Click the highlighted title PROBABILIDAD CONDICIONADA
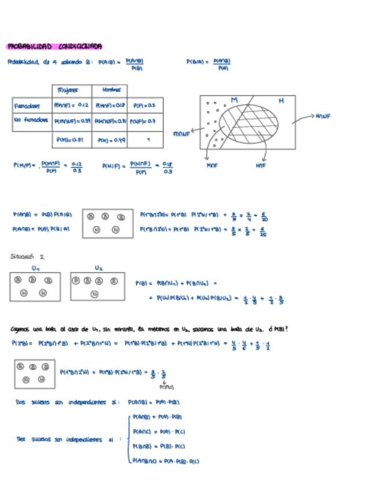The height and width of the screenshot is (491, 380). coord(54,46)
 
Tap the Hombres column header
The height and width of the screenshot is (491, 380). coord(111,90)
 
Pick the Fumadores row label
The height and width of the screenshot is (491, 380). coord(28,107)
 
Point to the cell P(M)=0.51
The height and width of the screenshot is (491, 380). coord(70,140)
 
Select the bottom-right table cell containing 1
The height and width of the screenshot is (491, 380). coord(148,140)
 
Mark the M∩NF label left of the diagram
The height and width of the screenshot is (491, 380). coord(182,134)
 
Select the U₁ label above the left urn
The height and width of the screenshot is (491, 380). coord(36,268)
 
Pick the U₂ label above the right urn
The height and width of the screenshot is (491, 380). coord(98,268)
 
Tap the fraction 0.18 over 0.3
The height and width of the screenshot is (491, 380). coord(167,168)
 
